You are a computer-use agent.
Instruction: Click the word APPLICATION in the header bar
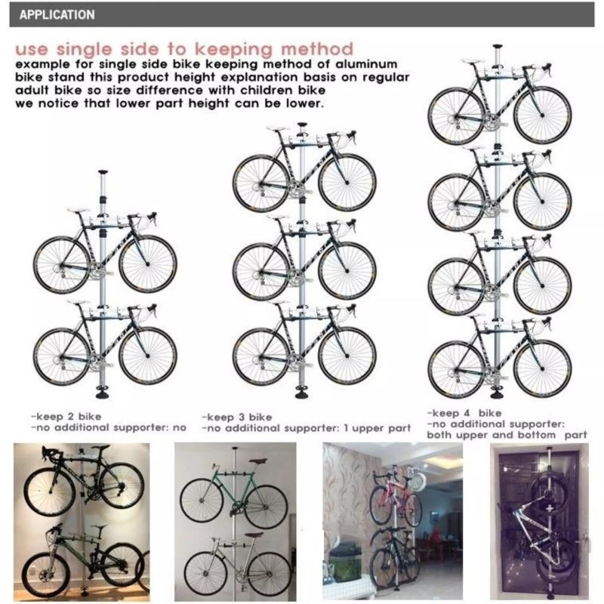[x=57, y=14]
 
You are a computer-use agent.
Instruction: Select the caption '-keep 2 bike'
[x=66, y=417]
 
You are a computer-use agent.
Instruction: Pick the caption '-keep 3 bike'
[x=236, y=418]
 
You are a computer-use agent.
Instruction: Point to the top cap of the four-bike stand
[x=498, y=46]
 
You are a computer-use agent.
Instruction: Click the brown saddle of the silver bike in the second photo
[x=254, y=535]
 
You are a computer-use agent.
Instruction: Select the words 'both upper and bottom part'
[x=507, y=436]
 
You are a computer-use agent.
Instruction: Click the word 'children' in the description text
[x=268, y=90]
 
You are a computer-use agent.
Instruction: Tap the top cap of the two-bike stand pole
[x=103, y=172]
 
